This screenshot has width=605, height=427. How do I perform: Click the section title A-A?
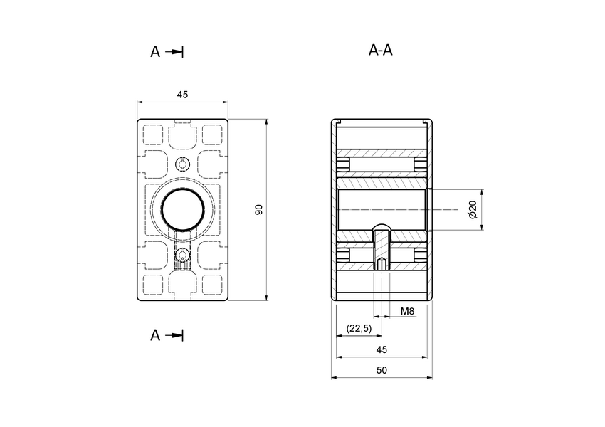(381, 51)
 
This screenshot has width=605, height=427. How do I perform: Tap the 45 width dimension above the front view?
(182, 96)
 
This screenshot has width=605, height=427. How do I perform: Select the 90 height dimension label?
(259, 209)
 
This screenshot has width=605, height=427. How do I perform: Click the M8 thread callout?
(408, 312)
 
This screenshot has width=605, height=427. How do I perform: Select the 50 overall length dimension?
(382, 371)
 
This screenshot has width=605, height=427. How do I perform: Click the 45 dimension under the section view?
(382, 349)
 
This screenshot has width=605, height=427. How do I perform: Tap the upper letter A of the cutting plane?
(155, 52)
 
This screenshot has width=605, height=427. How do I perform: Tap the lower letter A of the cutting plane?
(155, 335)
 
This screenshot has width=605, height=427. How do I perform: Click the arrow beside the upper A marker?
(174, 52)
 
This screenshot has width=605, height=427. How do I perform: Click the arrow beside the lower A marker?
(174, 335)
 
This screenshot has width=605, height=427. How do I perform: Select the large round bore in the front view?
(182, 210)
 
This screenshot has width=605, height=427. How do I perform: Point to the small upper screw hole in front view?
(182, 165)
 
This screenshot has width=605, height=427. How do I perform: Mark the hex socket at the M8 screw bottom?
(382, 265)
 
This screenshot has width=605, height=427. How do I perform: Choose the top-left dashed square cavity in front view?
(153, 135)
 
